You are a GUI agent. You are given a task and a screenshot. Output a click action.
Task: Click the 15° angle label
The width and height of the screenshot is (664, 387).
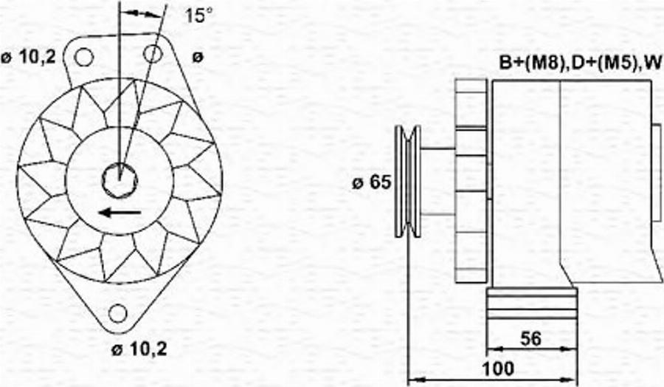coord(198,16)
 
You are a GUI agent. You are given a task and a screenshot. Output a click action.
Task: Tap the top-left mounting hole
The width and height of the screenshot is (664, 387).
coord(84,57)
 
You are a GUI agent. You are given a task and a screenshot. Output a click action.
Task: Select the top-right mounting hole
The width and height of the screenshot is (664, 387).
coord(153,54)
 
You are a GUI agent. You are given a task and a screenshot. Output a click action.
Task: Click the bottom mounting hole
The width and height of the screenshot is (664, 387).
coord(118,313)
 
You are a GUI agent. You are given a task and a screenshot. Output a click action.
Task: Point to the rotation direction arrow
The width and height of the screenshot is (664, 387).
coord(120,212)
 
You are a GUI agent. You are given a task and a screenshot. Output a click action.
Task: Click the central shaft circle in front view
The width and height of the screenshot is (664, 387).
coord(120,180)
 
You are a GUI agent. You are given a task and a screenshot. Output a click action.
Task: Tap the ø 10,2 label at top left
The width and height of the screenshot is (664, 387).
coord(28,57)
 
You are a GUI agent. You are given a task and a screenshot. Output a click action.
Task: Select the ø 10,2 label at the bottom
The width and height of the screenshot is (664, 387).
coord(139,349)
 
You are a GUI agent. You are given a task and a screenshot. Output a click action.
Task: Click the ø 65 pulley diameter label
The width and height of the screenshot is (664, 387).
coord(371,182)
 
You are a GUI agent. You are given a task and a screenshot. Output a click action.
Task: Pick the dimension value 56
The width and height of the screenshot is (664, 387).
coord(530,339)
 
